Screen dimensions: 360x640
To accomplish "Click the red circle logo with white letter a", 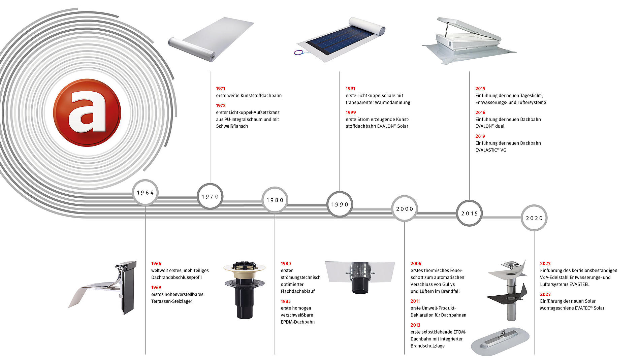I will click(87, 113).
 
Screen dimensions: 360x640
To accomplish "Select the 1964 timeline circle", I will click(145, 193).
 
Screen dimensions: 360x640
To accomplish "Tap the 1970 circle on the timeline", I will click(210, 197).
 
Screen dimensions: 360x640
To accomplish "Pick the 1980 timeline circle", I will click(275, 200).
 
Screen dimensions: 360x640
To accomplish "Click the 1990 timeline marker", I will click(340, 204).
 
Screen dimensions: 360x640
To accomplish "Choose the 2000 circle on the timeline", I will click(405, 209).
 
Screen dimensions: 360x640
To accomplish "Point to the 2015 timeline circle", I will click(469, 214).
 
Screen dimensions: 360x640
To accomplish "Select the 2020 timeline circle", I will click(534, 218).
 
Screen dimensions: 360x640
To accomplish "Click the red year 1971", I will click(221, 89).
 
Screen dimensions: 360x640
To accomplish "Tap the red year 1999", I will click(351, 112).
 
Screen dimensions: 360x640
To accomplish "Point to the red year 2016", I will click(480, 112).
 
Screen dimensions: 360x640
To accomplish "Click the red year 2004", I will click(416, 264).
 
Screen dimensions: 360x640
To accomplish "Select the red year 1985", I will click(286, 301).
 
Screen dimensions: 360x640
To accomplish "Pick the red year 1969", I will click(156, 288).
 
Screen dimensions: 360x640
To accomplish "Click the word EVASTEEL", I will click(578, 284).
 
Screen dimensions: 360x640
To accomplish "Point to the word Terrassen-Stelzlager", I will click(171, 301).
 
